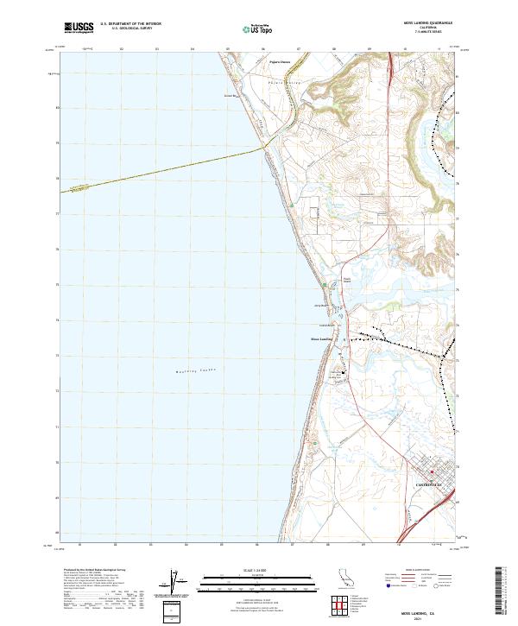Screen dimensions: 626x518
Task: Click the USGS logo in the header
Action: tap(79, 28)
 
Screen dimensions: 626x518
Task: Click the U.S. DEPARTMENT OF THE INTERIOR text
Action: tap(130, 24)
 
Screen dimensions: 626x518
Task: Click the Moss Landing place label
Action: tap(321, 338)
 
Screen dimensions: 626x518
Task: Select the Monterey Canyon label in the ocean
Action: tap(191, 370)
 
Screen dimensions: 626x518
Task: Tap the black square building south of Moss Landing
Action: tap(344, 373)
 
